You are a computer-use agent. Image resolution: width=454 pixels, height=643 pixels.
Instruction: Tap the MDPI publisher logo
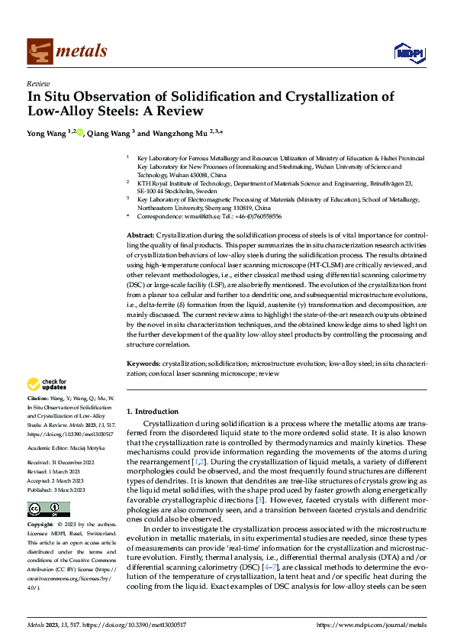pyautogui.click(x=407, y=52)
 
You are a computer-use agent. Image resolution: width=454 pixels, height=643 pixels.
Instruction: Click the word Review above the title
pyautogui.click(x=37, y=84)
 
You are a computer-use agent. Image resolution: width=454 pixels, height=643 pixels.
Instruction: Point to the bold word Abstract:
pyautogui.click(x=140, y=235)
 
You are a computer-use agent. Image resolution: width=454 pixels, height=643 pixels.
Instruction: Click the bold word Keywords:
pyautogui.click(x=143, y=364)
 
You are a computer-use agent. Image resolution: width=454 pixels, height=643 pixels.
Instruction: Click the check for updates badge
pyautogui.click(x=47, y=384)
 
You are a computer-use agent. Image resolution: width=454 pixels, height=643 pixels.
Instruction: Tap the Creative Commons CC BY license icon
pyautogui.click(x=48, y=509)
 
